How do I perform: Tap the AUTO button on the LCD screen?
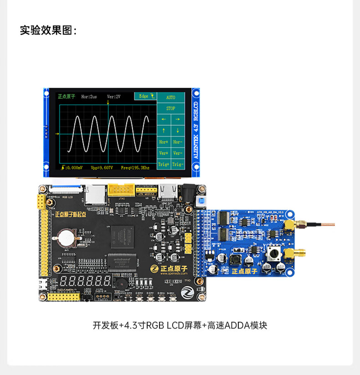[x=170, y=97]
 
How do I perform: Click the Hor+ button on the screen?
[x=164, y=142]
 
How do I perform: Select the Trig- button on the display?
[x=178, y=164]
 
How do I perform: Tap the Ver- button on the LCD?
[x=178, y=153]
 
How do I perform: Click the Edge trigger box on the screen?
[x=145, y=96]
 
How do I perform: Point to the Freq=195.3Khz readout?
[x=135, y=168]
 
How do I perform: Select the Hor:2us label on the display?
[x=89, y=96]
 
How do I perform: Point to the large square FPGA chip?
[x=122, y=237]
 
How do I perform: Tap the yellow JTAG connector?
[x=121, y=189]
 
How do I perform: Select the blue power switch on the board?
[x=200, y=203]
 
